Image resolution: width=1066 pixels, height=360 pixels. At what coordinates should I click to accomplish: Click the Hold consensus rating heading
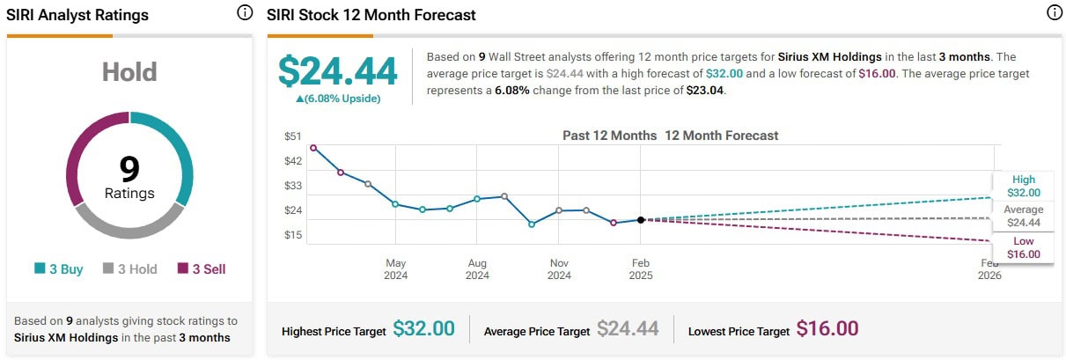tap(129, 71)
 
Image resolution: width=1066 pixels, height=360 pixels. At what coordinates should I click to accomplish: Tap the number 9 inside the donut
tap(129, 168)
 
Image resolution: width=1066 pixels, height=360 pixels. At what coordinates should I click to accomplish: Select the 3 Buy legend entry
tap(59, 269)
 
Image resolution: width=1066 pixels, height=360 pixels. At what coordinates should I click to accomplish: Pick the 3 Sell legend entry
tap(202, 269)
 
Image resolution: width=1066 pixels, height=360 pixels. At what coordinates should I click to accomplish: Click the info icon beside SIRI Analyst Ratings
tap(245, 13)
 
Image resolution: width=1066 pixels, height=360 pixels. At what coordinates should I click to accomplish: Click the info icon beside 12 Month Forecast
tap(1055, 13)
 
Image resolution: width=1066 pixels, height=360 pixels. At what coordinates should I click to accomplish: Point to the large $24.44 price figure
tap(338, 71)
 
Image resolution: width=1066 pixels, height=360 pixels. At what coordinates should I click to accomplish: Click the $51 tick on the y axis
tap(292, 136)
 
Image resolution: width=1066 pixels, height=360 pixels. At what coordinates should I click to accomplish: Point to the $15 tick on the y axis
tap(292, 235)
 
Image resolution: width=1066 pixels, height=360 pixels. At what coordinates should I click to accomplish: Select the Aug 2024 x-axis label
tap(477, 268)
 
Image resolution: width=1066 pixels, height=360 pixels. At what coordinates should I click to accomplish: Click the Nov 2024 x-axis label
tap(559, 268)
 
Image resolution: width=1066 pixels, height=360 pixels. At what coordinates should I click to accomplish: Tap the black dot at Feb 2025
tap(641, 219)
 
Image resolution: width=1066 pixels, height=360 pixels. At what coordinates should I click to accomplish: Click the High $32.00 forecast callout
tap(1024, 186)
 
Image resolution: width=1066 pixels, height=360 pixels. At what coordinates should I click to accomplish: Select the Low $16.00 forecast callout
tap(1024, 247)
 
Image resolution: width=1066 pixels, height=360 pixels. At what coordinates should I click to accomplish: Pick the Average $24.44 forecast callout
tap(1024, 216)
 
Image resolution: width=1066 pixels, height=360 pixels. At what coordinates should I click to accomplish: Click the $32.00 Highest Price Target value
tap(423, 329)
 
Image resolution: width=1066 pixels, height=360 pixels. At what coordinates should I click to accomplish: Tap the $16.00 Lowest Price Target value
tap(827, 329)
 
